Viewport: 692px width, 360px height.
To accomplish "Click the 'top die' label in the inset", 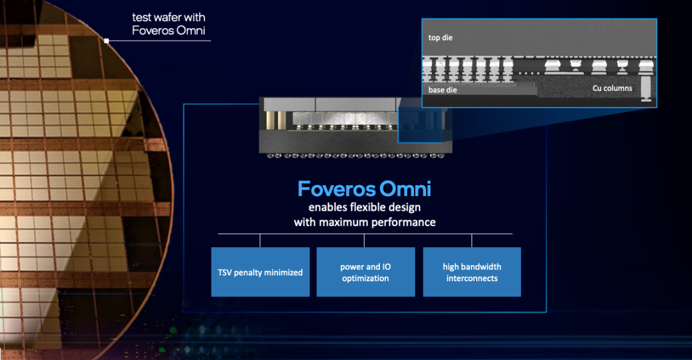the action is tap(440, 38).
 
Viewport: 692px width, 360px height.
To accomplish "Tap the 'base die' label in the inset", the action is tap(442, 90).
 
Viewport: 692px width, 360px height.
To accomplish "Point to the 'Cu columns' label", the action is tap(612, 88).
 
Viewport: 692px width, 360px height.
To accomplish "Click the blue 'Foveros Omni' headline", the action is tap(364, 189).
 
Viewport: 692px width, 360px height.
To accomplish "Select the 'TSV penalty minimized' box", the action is tap(260, 272).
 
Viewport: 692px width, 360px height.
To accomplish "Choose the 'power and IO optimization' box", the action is tap(365, 272).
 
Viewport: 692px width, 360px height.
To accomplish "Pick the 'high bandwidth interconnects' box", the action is tap(472, 272).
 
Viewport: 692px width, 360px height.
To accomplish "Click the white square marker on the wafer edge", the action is tap(106, 40).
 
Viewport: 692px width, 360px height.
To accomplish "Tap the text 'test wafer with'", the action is tap(169, 17).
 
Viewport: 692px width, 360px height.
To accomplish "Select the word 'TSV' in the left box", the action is tap(225, 273).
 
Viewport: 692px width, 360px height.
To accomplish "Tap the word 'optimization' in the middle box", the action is tap(365, 279).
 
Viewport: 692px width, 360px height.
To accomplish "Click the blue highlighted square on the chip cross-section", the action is tap(420, 125).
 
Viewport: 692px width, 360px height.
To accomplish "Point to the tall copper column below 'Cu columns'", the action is tap(646, 88).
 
